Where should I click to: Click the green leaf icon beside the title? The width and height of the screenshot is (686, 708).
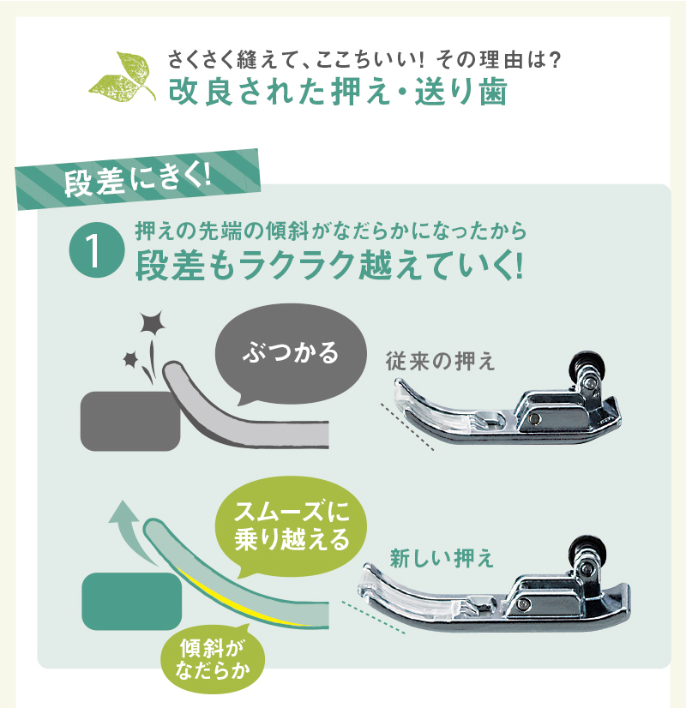(123, 77)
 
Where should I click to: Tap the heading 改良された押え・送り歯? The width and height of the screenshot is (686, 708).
(338, 92)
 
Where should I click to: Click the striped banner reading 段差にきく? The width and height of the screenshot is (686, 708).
(138, 179)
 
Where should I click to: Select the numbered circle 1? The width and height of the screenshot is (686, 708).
(97, 249)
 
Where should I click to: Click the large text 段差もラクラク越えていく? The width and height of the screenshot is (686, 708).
(329, 266)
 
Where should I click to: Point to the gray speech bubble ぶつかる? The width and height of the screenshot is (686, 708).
(291, 354)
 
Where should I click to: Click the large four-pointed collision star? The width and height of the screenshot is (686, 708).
(152, 322)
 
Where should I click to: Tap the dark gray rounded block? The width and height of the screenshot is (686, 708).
(130, 421)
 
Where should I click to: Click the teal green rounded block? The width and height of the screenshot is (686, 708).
(132, 601)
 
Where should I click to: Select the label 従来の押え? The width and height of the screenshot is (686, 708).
(440, 362)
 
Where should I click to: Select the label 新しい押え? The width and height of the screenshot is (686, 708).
(442, 559)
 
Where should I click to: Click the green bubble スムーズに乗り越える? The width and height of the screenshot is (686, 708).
(292, 526)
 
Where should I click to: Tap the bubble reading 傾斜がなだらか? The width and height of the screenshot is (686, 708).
(213, 659)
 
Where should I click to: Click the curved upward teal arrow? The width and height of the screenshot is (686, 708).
(132, 533)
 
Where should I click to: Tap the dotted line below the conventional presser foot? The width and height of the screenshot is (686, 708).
(407, 427)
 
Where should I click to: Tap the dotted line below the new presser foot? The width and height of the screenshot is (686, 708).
(373, 617)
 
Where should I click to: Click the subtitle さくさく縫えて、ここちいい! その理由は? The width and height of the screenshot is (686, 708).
(364, 60)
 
